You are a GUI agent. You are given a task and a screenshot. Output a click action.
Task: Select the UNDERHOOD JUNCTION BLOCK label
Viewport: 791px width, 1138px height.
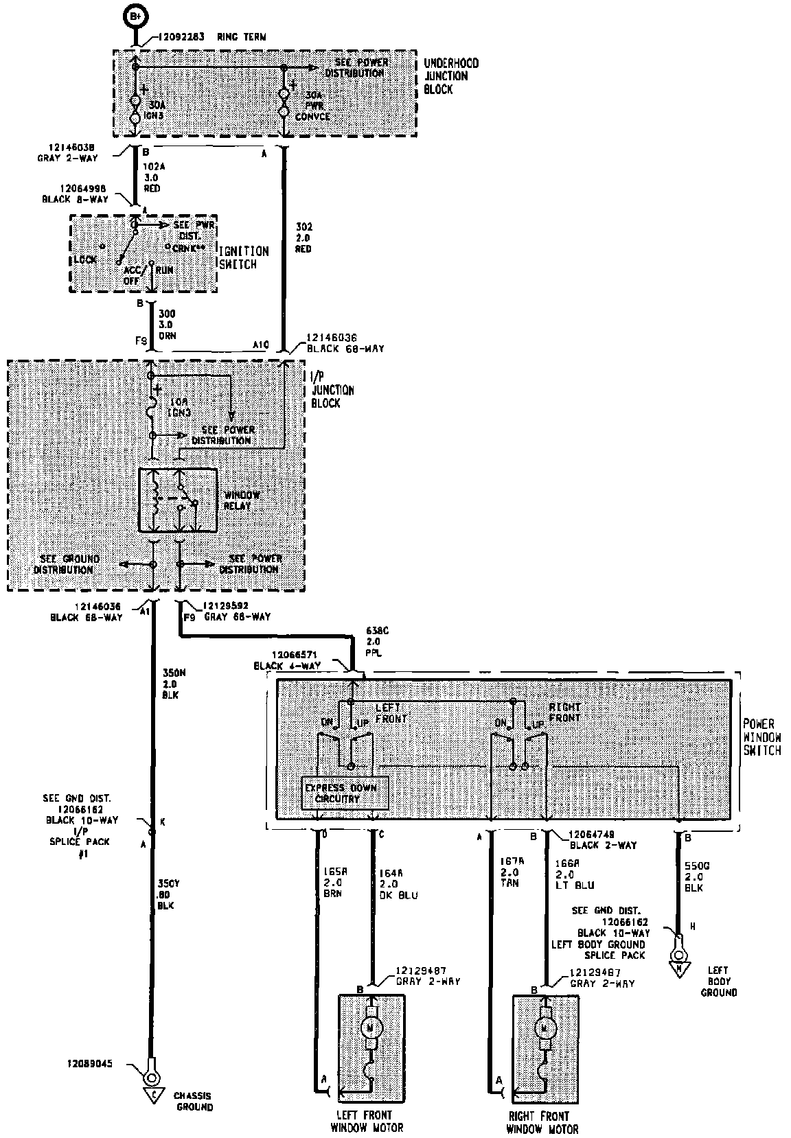451,76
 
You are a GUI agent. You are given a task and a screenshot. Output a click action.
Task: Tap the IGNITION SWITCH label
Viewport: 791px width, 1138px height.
243,257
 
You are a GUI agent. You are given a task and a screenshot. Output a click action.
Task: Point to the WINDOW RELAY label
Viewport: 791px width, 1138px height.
241,500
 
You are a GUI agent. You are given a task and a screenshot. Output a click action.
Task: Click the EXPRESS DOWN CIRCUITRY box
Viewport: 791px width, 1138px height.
345,793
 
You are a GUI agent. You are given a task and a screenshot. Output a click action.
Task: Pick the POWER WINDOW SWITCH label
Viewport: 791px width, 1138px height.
761,737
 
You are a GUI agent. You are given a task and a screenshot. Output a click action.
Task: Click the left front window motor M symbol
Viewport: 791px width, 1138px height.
371,1027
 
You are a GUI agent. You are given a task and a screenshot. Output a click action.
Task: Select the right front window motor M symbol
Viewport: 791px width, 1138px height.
547,1027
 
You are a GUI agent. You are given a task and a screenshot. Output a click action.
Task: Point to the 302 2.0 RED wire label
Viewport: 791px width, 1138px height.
303,237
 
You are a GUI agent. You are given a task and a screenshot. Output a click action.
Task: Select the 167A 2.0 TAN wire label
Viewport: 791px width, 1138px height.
509,872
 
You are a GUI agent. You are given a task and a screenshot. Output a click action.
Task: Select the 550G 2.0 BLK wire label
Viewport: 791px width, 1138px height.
695,876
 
